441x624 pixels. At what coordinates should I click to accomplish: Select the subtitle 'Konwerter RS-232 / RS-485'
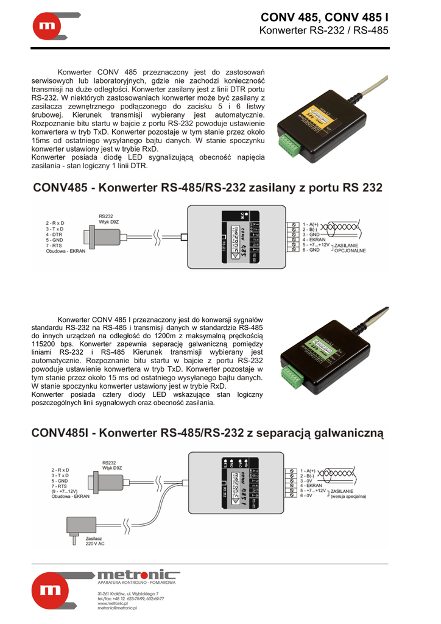coord(323,30)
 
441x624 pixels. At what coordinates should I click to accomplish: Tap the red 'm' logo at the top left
coord(48,26)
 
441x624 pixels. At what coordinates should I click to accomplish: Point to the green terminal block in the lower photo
coord(291,378)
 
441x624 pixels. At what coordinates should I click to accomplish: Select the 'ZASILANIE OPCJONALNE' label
coord(350,247)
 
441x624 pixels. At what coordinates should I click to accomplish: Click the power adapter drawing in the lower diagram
coord(74,528)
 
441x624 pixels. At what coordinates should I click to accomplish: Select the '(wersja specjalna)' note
coord(349,497)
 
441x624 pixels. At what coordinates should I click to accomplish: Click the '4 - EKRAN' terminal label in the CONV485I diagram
coord(311,486)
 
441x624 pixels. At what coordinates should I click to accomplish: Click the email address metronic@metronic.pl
coord(118,608)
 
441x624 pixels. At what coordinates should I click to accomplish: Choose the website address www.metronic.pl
coord(114,603)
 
